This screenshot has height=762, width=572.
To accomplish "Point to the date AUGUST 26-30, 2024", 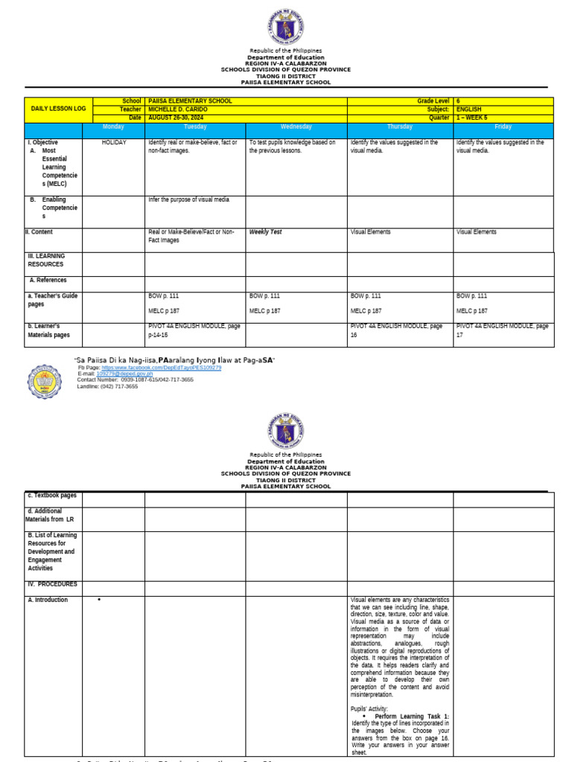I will coord(177,118).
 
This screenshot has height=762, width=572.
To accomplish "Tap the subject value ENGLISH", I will coord(469,109).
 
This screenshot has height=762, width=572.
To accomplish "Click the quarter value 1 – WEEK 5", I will coord(472,118).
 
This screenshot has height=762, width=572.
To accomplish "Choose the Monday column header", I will coord(113,127).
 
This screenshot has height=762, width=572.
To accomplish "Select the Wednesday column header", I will coord(296,127).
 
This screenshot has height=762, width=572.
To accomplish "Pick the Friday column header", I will coord(503,127).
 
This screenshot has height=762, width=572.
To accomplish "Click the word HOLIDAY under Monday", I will coord(114,142).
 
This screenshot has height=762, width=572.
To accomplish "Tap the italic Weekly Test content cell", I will coord(265,232).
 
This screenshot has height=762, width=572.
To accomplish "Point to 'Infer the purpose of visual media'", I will coord(188,199).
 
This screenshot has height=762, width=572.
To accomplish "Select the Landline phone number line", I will coord(107,386).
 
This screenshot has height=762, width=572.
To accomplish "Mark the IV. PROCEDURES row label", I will coord(52,585).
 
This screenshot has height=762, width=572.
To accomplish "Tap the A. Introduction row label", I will coord(48,600).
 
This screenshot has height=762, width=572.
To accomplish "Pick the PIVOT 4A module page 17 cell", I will coord(502,330).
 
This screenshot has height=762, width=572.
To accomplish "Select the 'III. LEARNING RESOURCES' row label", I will coord(46,260).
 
